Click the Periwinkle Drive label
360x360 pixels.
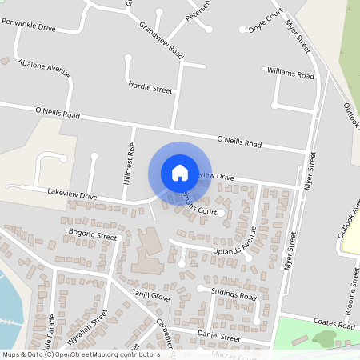point(29,27)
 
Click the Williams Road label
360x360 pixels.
point(291,74)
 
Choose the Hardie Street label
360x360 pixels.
point(150,87)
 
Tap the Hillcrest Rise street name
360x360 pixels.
point(128,165)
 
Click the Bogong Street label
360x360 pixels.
point(94,236)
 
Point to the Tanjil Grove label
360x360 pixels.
point(150,296)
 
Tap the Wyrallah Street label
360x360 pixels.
point(86,328)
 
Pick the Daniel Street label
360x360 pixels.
point(218,338)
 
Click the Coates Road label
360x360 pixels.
point(334,326)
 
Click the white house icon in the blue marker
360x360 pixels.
point(179,172)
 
